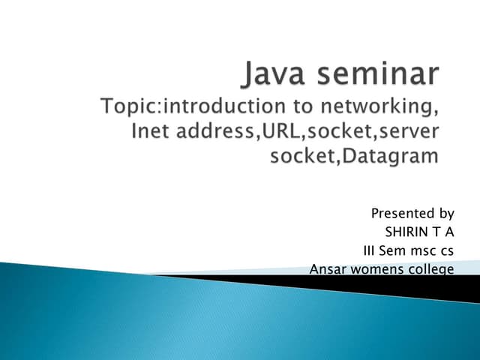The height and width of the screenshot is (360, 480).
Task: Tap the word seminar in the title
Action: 378,76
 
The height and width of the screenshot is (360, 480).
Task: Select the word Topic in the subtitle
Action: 126,108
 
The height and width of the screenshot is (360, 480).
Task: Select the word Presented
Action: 400,214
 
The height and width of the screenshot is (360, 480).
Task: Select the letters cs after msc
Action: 448,250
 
